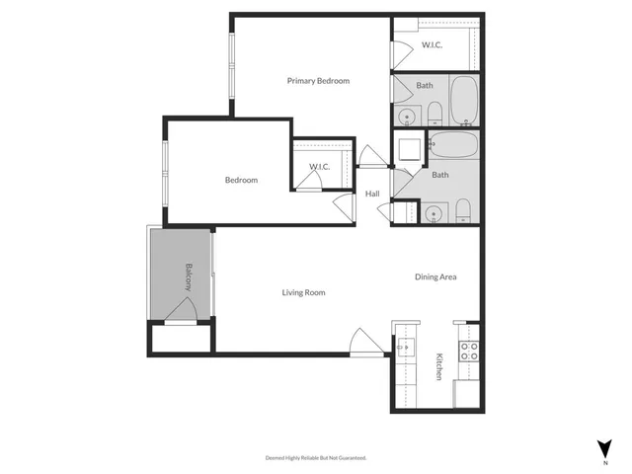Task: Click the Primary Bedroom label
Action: click(318, 81)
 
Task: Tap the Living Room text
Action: click(303, 292)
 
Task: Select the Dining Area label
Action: click(434, 277)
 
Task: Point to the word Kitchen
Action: click(437, 367)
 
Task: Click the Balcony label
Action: click(188, 276)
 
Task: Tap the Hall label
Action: click(372, 194)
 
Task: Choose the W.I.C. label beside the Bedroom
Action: click(319, 167)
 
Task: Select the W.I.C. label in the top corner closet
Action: click(432, 44)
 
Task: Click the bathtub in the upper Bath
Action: click(464, 99)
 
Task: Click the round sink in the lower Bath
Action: click(431, 212)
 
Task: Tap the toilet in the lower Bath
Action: click(462, 209)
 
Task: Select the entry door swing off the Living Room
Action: click(366, 340)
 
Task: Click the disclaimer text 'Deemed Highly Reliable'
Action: click(315, 458)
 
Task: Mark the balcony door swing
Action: click(184, 310)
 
